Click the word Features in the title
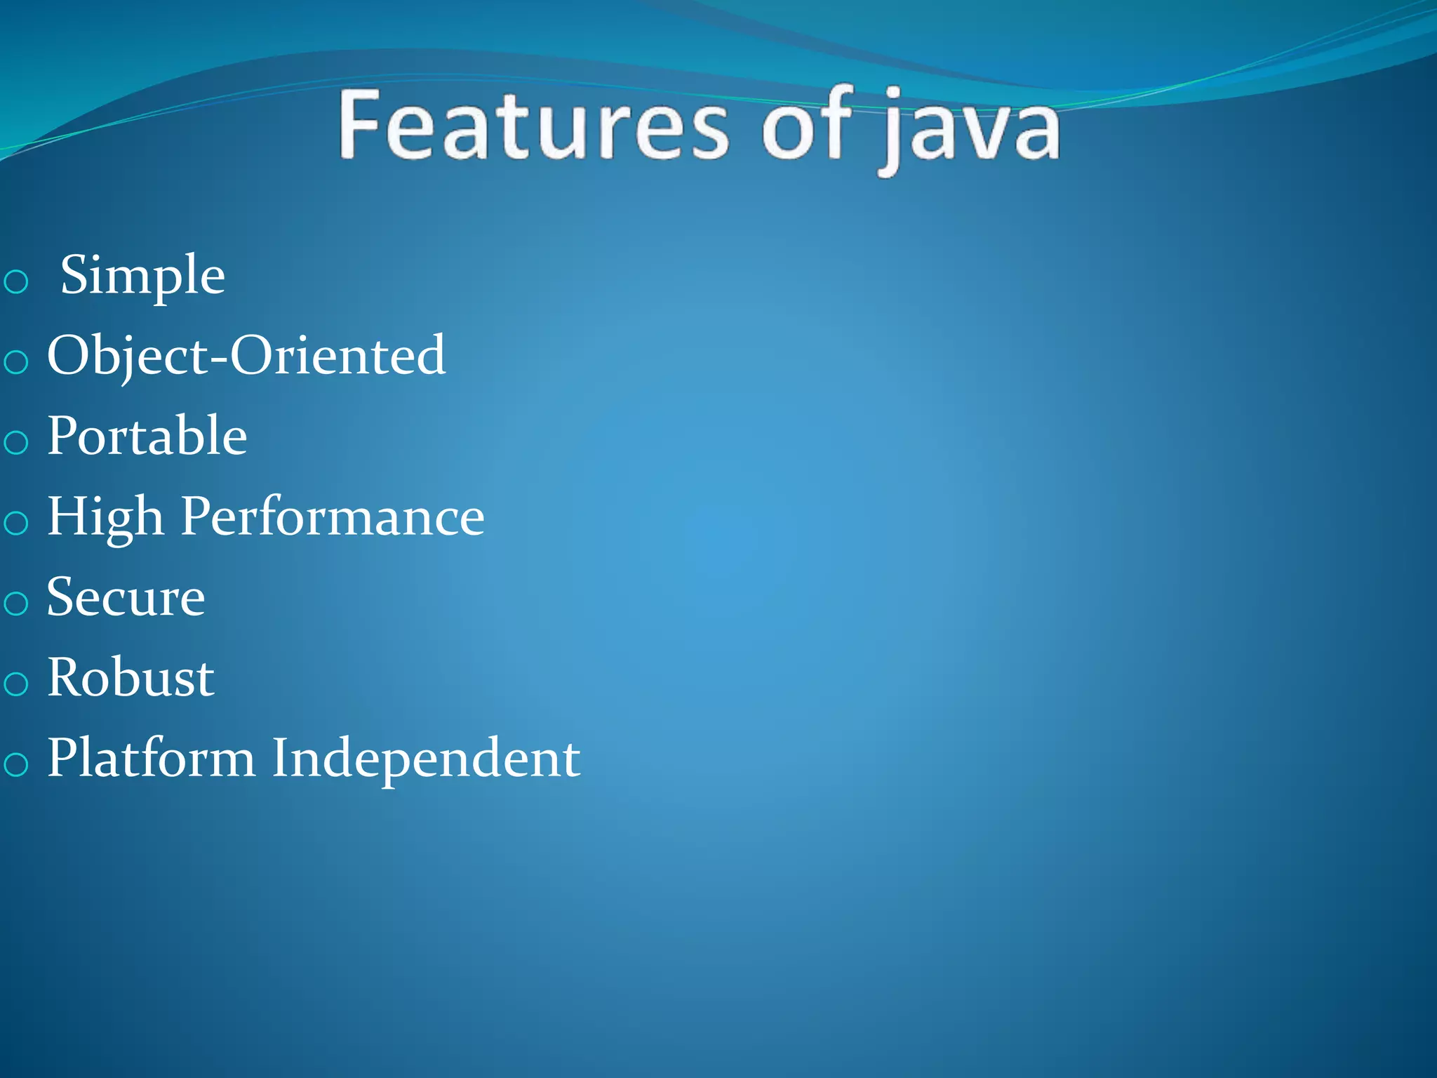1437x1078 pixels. coord(534,126)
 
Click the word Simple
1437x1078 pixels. coord(142,276)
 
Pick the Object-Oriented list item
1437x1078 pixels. coord(246,357)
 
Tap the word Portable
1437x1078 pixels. coord(147,437)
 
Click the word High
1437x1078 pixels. coord(106,518)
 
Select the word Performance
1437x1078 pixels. coord(333,518)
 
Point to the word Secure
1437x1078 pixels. coord(126,598)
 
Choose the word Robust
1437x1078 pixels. coord(131,679)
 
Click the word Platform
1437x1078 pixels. coord(152,759)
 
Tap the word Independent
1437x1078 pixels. coord(426,759)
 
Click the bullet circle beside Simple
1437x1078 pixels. coord(15,282)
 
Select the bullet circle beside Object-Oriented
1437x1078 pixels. coord(15,363)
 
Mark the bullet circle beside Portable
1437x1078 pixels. coord(15,443)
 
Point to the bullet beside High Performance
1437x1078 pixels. coord(15,524)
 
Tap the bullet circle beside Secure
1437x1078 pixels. coord(15,604)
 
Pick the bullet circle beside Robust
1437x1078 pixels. coord(15,684)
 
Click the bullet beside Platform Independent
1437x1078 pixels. coord(15,764)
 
